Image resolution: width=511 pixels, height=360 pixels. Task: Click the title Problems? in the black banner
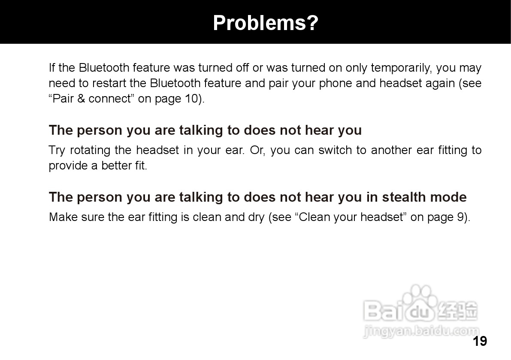[265, 23]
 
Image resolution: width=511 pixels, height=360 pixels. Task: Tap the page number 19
[480, 341]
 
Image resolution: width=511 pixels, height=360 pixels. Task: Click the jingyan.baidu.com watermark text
[421, 331]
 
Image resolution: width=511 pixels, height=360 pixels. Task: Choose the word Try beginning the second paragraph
[57, 151]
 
